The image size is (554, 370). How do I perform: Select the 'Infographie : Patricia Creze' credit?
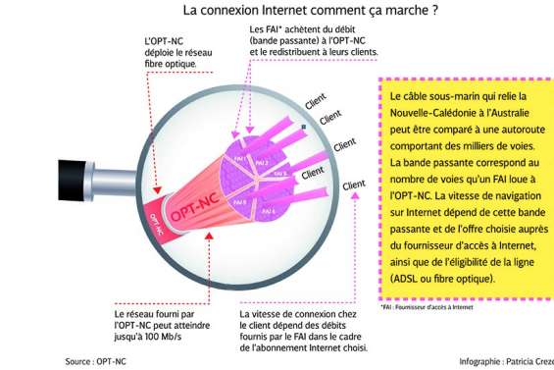pos(506,360)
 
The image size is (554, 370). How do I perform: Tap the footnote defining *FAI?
pos(426,307)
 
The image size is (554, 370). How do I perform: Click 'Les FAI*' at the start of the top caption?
pos(267,30)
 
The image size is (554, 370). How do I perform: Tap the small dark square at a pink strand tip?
pos(304,127)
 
